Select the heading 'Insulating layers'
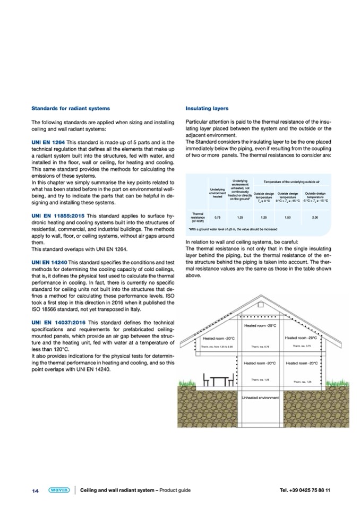click(x=207, y=109)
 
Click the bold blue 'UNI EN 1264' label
click(x=48, y=143)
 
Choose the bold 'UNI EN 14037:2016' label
click(x=57, y=323)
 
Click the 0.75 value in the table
click(x=217, y=217)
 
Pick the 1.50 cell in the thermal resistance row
click(x=289, y=217)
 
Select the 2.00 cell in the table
click(x=315, y=217)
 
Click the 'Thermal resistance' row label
click(x=194, y=217)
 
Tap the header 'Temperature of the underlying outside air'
click(x=291, y=182)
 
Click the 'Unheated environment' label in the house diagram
click(x=260, y=412)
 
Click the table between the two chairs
click(x=219, y=395)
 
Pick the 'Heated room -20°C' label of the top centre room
click(x=260, y=325)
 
